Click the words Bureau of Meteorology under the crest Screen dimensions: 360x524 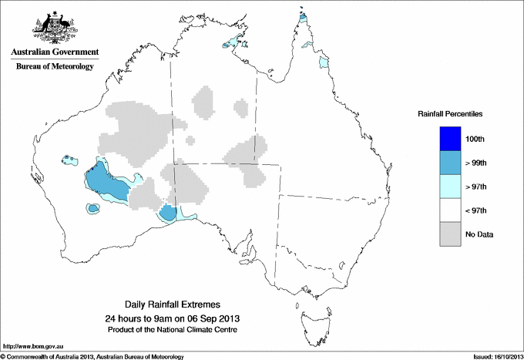tap(54, 67)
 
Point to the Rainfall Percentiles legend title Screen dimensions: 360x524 tap(450, 113)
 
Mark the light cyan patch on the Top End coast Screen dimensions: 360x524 tap(233, 43)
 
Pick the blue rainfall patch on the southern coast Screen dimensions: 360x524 tap(168, 214)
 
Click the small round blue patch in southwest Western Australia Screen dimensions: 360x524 tap(93, 208)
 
